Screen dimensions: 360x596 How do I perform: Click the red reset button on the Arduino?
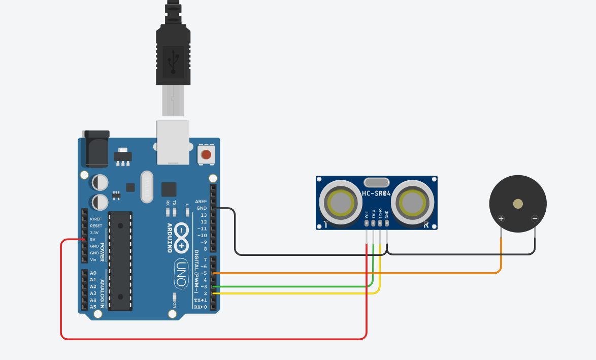[206, 154]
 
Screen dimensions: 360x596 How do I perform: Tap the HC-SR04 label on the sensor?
[376, 193]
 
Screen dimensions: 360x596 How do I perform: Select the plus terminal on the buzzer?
[501, 219]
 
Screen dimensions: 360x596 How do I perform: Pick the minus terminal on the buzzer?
[535, 219]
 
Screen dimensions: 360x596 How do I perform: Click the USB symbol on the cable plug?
[174, 61]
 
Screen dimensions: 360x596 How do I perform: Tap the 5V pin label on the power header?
[93, 239]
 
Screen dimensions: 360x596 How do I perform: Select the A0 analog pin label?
[93, 273]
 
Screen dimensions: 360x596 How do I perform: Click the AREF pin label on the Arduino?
[201, 202]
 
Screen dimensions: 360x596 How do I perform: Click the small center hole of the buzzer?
[518, 204]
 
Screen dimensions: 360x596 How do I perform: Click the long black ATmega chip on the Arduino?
[120, 260]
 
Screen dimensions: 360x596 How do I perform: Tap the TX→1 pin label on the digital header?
[200, 300]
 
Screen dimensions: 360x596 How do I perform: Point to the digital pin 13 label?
[204, 215]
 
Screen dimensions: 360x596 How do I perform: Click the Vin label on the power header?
[93, 259]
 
